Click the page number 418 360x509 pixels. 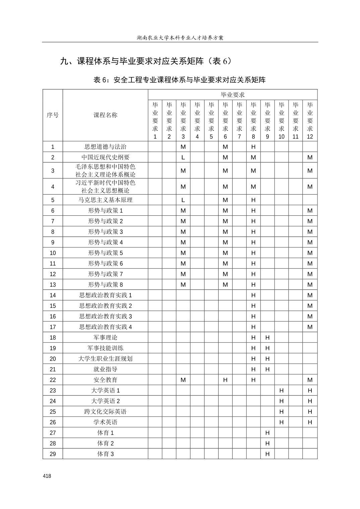tap(47, 476)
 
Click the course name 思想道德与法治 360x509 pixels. tap(105, 147)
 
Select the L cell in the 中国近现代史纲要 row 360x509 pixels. tap(183, 157)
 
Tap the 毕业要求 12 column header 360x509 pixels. tap(310, 121)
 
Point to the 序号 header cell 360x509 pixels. tap(53, 115)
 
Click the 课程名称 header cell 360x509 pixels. tap(105, 115)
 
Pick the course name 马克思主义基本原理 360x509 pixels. tap(105, 200)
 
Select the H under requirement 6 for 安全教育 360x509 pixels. tap(225, 380)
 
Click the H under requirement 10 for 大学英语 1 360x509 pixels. tap(282, 390)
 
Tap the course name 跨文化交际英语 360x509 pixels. tap(105, 412)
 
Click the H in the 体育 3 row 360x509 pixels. tap(267, 454)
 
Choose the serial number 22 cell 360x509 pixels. tap(53, 380)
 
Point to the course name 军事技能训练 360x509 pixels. tap(105, 348)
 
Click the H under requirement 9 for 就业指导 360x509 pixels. tap(267, 369)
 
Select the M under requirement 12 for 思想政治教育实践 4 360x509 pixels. tap(310, 327)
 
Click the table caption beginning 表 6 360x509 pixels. tap(180, 80)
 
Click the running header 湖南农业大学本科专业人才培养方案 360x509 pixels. tap(180, 38)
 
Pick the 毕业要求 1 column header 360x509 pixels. tap(155, 121)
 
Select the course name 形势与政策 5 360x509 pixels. tap(105, 253)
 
